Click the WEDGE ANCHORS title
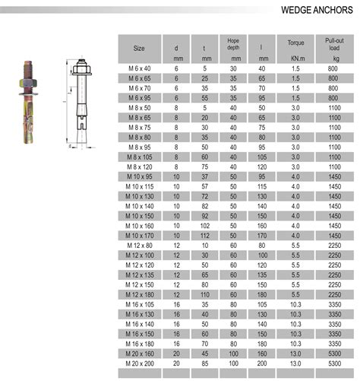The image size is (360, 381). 315,11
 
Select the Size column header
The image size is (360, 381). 140,47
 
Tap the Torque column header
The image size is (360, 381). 292,43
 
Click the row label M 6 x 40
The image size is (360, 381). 140,69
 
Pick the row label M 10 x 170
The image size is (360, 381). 140,236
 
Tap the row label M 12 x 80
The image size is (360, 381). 140,246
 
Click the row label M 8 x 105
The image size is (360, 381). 140,156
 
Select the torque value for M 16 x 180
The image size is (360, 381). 292,343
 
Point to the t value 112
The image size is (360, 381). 205,236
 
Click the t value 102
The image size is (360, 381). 205,226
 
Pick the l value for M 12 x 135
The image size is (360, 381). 261,275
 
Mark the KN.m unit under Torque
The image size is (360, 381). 292,57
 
